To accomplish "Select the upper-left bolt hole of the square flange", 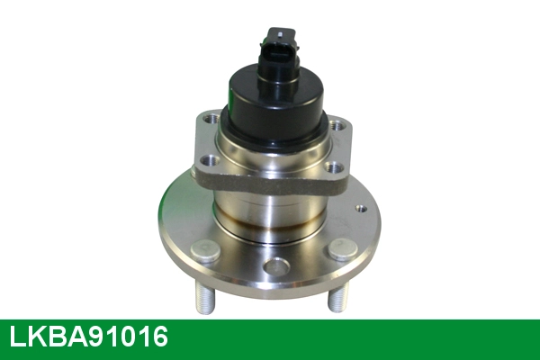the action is click(x=211, y=120).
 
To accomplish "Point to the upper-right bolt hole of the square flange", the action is click(x=337, y=125).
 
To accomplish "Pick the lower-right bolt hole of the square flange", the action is click(x=335, y=167).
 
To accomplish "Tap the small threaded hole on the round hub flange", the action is click(x=361, y=209).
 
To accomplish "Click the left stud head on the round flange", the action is click(x=205, y=251).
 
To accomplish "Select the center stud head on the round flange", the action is click(x=277, y=266).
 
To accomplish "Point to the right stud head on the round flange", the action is click(x=342, y=249).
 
